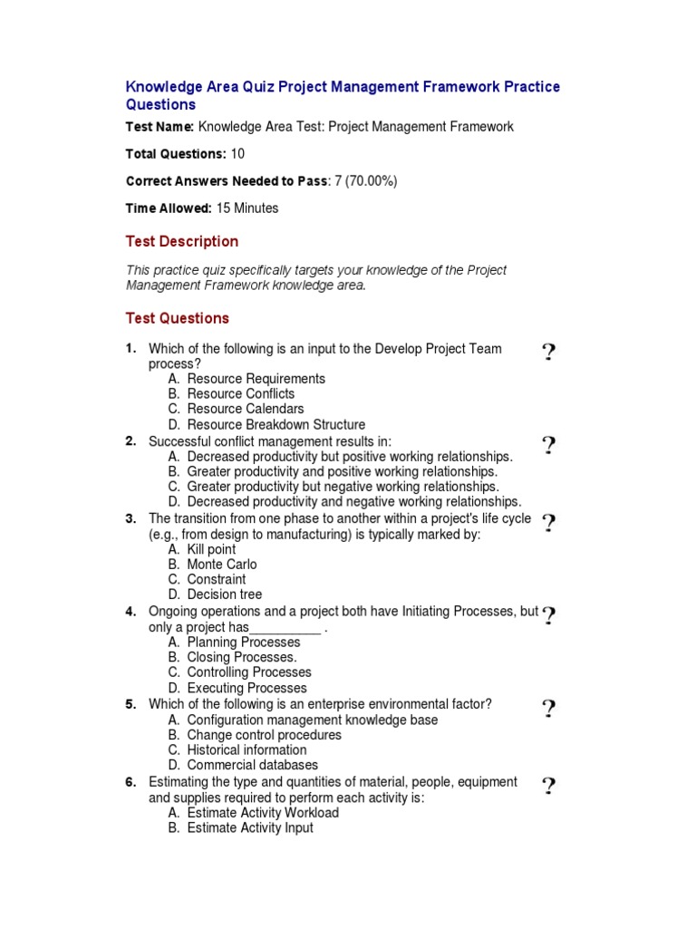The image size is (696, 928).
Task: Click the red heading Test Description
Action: [x=181, y=241]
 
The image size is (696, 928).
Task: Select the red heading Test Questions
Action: [x=177, y=318]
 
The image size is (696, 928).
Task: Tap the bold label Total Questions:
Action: [x=176, y=154]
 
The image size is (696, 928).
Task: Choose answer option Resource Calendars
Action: [x=245, y=409]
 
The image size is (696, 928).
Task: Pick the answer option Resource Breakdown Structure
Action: [x=275, y=424]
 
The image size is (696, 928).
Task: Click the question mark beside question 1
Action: [x=548, y=353]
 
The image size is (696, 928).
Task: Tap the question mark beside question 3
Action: [x=548, y=524]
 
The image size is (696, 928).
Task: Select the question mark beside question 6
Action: [x=548, y=787]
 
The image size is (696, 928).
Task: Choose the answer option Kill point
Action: [x=211, y=549]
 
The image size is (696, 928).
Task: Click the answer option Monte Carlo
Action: [x=221, y=565]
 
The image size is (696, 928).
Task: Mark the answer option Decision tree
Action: [x=224, y=594]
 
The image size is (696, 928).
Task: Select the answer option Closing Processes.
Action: [x=241, y=657]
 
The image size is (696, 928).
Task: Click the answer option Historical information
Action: [x=246, y=750]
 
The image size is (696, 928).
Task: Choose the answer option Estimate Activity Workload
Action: [x=263, y=813]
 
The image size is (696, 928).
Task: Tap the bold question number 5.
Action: [x=130, y=704]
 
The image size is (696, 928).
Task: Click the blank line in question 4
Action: [x=285, y=628]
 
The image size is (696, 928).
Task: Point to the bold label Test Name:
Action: [x=159, y=127]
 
